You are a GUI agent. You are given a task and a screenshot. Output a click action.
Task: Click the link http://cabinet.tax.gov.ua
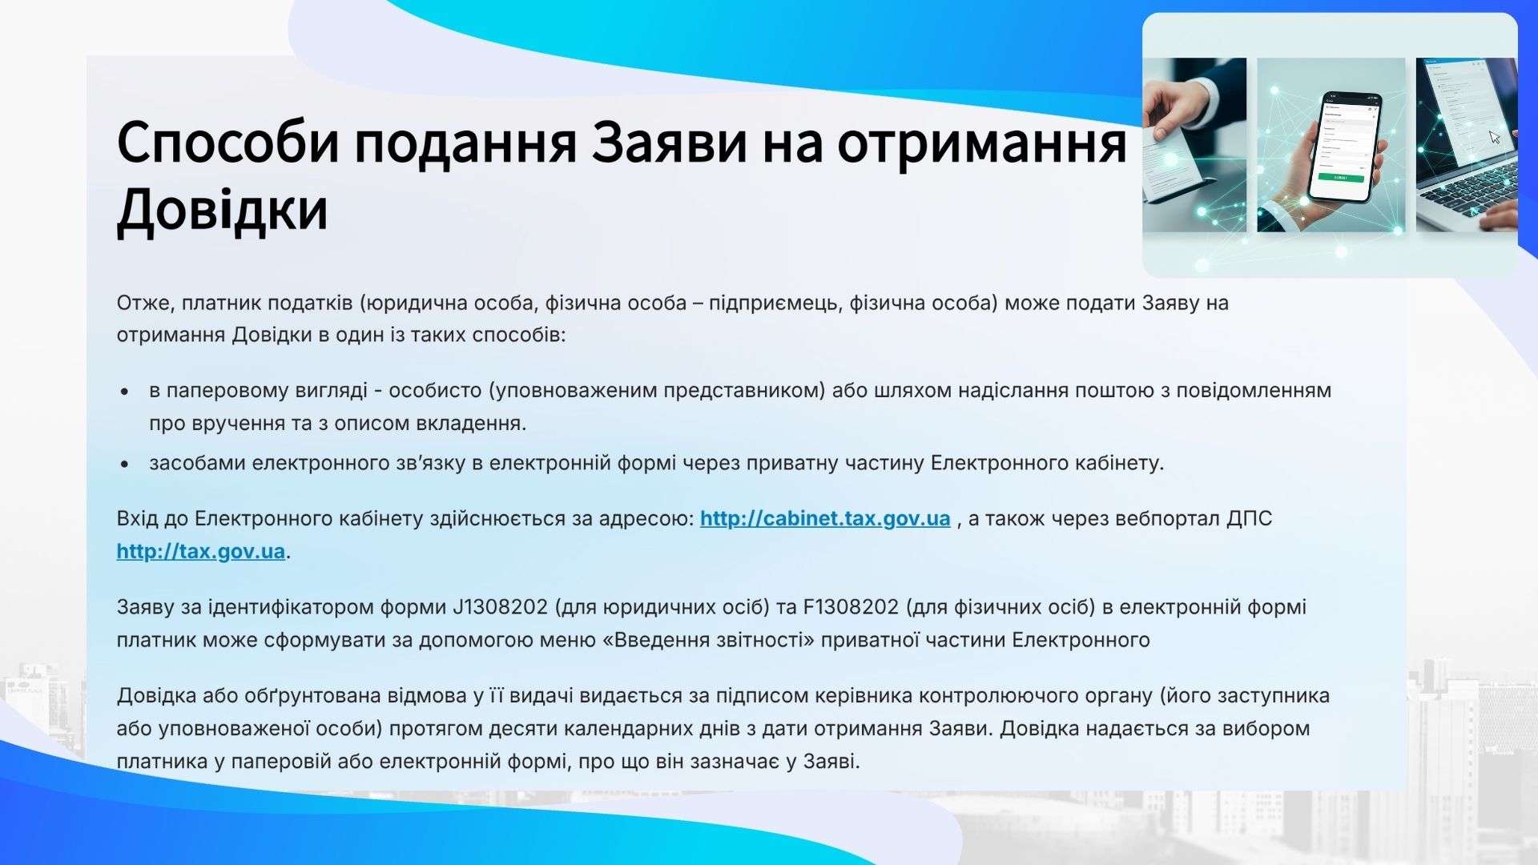point(825,519)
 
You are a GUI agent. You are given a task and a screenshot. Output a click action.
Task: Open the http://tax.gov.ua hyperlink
point(201,552)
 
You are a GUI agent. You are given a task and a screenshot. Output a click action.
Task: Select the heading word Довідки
point(223,209)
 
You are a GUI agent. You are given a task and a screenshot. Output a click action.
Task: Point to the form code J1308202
point(500,607)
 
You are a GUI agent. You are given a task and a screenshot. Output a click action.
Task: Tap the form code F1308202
point(851,607)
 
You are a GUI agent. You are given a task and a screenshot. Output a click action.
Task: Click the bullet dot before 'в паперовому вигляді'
point(125,392)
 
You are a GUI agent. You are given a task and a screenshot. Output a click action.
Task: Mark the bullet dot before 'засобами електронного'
point(125,464)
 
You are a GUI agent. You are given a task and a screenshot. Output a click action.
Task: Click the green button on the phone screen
point(1341,177)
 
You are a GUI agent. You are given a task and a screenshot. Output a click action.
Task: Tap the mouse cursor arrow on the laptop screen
point(1495,137)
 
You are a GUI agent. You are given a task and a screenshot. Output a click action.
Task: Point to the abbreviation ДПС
point(1249,519)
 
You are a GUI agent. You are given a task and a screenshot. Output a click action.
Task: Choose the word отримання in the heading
point(982,143)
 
